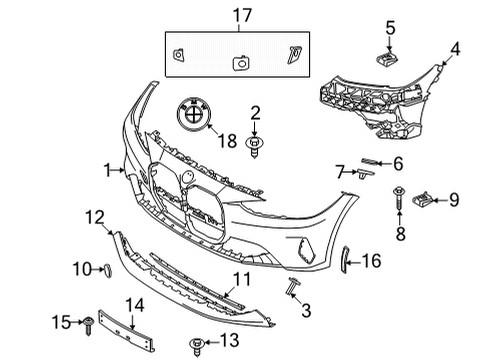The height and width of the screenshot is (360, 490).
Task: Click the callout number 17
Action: (x=237, y=15)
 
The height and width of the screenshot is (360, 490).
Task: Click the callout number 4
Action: (x=456, y=47)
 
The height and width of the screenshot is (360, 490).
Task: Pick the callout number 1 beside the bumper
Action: (x=109, y=172)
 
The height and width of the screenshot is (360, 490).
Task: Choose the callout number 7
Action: (x=340, y=172)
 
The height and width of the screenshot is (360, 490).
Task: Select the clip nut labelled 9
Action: (x=425, y=201)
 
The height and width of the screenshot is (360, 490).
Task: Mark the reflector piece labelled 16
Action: (x=347, y=259)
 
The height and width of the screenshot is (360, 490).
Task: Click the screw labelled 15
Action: (x=88, y=322)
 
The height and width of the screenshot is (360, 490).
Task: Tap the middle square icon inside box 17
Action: (x=239, y=62)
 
